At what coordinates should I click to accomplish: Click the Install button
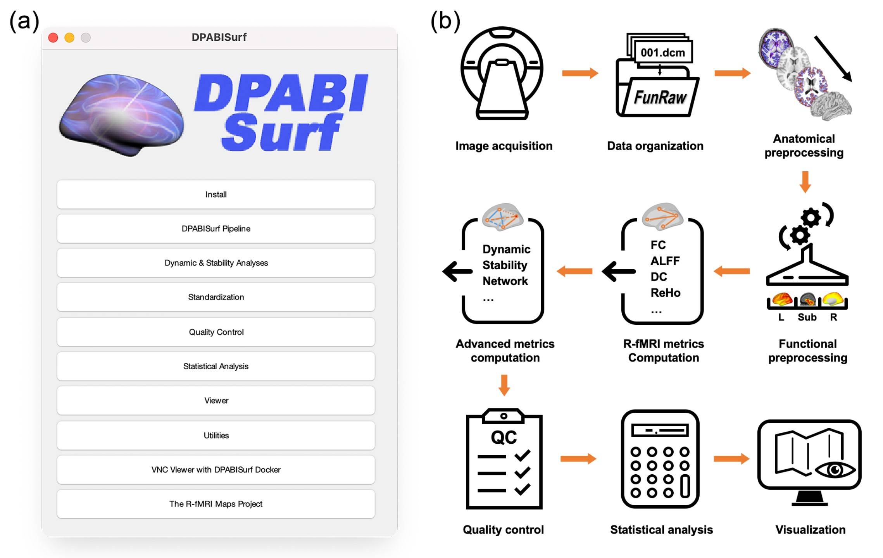[x=216, y=195]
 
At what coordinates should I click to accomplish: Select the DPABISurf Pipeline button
[x=216, y=229]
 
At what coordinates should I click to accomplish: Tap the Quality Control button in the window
[x=216, y=332]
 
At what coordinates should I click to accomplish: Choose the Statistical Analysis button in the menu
[x=216, y=366]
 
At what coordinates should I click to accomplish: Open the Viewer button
[x=216, y=400]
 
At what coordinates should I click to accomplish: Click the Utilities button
[x=216, y=435]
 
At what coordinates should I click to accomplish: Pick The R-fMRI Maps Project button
[x=216, y=504]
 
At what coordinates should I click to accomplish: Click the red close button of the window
[x=53, y=38]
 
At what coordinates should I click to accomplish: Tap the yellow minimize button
[x=69, y=38]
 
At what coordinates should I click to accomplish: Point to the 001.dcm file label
[x=662, y=53]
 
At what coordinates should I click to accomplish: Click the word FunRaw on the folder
[x=660, y=98]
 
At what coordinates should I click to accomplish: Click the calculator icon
[x=660, y=459]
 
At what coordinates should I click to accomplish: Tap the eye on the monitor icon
[x=835, y=470]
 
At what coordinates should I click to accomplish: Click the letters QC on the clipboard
[x=504, y=437]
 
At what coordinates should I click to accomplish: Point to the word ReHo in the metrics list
[x=665, y=293]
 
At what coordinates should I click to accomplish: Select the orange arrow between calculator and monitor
[x=731, y=459]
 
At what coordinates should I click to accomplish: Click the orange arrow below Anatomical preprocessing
[x=805, y=181]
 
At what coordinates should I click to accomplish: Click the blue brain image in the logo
[x=121, y=114]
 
